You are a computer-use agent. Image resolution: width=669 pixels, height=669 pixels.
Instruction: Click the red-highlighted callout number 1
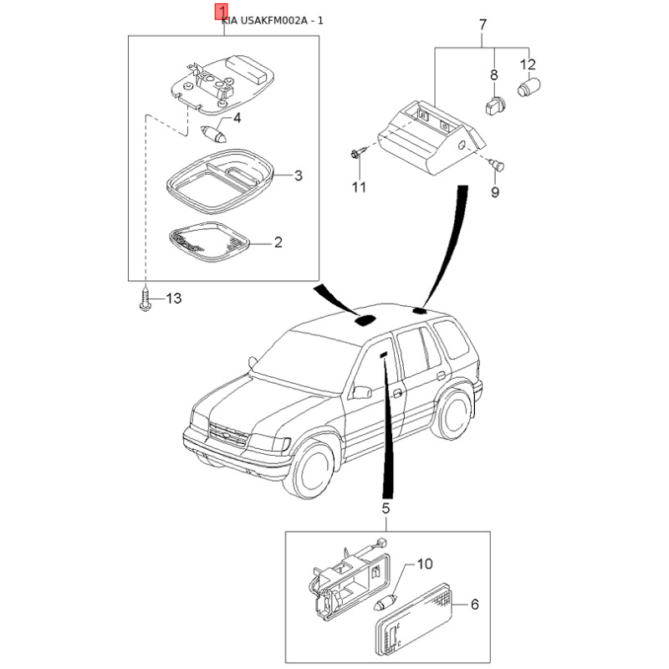[x=222, y=13]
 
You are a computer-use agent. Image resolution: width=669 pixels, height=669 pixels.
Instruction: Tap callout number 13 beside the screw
[x=174, y=298]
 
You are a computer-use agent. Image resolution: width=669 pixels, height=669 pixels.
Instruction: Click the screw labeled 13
[x=146, y=300]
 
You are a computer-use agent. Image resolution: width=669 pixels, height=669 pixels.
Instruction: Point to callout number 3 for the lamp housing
[x=299, y=176]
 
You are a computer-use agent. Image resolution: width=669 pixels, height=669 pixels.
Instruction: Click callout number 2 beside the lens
[x=278, y=243]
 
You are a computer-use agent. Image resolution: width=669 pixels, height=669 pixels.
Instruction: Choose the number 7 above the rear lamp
[x=483, y=25]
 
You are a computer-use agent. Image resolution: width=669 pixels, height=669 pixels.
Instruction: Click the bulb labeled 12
[x=529, y=87]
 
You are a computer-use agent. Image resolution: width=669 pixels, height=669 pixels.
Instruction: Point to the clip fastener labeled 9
[x=497, y=164]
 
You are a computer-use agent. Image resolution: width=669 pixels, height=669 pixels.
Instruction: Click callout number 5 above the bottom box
[x=386, y=508]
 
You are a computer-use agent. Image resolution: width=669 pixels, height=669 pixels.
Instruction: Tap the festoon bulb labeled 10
[x=386, y=604]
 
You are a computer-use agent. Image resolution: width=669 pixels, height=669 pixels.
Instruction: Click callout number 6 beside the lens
[x=474, y=604]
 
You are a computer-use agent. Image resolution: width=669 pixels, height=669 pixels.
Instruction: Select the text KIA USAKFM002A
[x=264, y=20]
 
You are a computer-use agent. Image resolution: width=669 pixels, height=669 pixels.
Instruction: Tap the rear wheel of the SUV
[x=452, y=416]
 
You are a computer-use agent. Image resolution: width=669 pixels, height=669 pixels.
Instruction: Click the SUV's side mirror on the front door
[x=362, y=392]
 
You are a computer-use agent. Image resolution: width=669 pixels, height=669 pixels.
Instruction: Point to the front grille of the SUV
[x=228, y=435]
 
